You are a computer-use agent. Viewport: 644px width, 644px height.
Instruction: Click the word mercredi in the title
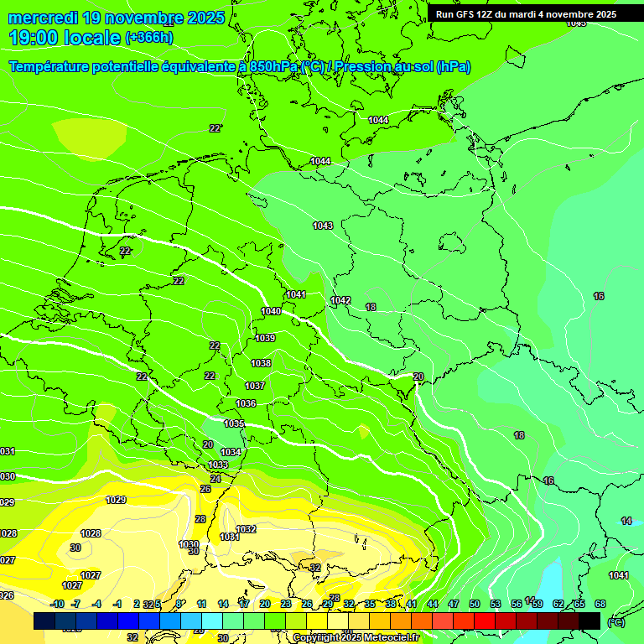tap(44, 18)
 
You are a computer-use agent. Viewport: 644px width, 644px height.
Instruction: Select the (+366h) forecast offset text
tap(149, 38)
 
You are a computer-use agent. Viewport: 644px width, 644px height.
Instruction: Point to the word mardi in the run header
tap(527, 14)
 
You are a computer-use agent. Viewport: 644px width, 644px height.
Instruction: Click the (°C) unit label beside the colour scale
tap(616, 622)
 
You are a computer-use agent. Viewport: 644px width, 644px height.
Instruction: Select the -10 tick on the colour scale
tap(57, 604)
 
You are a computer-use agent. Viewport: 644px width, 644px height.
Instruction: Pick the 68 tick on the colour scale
tap(600, 604)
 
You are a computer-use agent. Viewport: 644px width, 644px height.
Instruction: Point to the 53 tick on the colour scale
tap(496, 604)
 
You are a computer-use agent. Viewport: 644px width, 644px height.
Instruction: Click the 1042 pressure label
tap(340, 300)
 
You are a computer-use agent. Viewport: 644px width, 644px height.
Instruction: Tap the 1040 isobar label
tap(271, 311)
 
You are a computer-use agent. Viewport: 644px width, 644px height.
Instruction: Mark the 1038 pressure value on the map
tap(261, 363)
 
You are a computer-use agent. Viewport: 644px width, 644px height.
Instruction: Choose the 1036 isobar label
tap(246, 403)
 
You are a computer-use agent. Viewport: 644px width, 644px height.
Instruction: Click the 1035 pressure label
tap(235, 423)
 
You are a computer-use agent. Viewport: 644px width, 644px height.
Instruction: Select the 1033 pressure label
tap(218, 465)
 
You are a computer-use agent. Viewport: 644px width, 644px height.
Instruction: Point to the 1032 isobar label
tap(246, 529)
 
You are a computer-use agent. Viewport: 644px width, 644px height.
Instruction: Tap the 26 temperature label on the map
tap(205, 489)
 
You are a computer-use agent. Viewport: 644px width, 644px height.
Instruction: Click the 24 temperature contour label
tap(216, 479)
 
